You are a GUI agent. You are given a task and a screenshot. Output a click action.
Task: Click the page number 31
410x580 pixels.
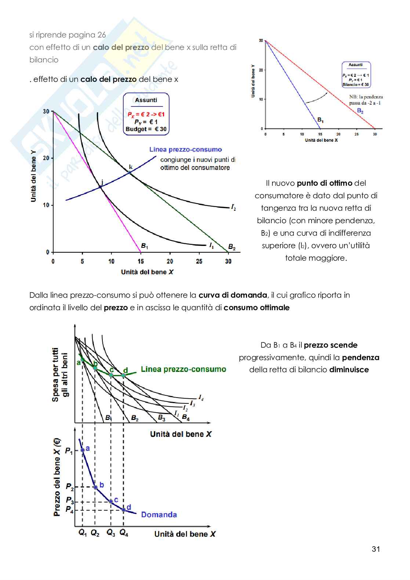375,549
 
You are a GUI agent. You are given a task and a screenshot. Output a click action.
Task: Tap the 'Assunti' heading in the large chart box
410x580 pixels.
146,100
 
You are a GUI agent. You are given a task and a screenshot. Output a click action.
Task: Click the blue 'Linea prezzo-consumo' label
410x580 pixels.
185,149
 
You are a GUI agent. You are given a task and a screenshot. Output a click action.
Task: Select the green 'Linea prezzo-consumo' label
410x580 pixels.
184,369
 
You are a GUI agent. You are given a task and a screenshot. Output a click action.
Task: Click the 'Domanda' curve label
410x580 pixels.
159,515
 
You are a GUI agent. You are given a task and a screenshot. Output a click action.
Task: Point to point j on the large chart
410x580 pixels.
100,187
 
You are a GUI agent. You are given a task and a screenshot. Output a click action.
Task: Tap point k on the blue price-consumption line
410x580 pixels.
130,172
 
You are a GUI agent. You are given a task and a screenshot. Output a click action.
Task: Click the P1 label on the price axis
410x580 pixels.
69,450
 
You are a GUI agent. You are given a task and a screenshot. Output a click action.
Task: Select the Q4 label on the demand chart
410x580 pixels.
124,532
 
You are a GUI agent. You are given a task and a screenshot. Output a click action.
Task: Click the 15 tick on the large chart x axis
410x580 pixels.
141,261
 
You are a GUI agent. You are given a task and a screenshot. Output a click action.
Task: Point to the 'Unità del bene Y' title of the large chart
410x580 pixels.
33,176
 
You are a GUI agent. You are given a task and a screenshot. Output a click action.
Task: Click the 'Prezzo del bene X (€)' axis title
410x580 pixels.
57,477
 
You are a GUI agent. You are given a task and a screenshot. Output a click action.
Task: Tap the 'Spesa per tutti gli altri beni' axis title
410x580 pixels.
60,374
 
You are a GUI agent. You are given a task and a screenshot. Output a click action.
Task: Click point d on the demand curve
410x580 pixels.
124,510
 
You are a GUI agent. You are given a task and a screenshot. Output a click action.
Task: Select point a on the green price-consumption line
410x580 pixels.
83,360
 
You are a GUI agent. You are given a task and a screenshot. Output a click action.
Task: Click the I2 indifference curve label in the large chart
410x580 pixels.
233,208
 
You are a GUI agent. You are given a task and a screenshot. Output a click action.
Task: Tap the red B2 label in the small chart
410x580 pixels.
360,110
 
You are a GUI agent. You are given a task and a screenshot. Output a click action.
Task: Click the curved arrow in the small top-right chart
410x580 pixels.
316,98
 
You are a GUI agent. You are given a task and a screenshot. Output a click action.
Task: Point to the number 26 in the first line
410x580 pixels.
102,35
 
